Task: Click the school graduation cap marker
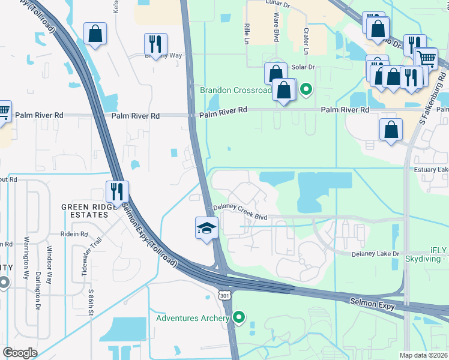pos(206,229)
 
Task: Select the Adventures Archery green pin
pos(240,317)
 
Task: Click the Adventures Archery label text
pos(193,318)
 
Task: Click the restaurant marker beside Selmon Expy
pos(116,191)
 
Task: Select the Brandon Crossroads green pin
pos(306,90)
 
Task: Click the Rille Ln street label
pos(246,34)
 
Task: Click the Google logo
pos(20,353)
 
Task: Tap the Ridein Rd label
pos(74,234)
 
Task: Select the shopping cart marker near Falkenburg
pos(426,58)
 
